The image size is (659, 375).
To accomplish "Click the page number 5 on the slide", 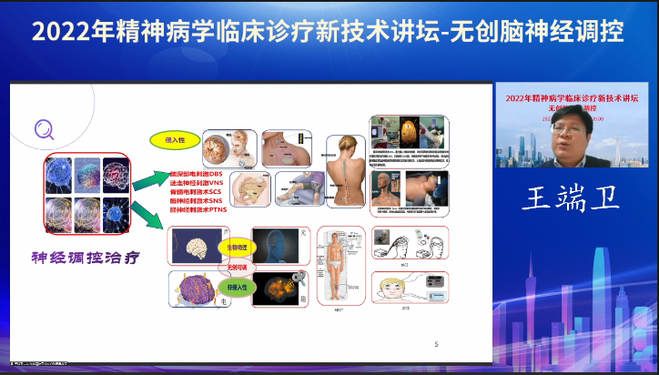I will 436,344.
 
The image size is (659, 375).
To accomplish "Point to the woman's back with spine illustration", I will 347,168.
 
